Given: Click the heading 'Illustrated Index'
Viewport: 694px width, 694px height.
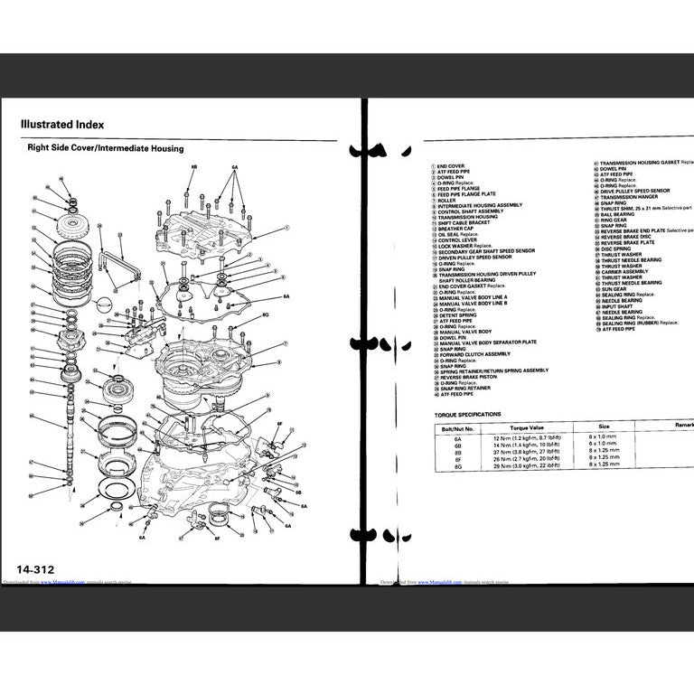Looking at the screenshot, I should coord(62,125).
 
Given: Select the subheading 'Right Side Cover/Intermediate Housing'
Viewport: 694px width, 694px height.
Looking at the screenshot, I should coord(105,148).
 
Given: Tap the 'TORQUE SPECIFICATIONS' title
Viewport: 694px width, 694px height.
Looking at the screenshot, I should coord(467,413).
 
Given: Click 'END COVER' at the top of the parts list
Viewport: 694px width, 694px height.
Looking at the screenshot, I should coord(451,166).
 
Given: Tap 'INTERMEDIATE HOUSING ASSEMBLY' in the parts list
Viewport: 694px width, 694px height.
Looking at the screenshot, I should coord(480,205).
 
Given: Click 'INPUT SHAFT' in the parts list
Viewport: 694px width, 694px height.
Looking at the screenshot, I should coord(615,306).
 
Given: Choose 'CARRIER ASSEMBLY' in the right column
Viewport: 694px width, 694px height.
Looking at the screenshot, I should coord(624,271).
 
